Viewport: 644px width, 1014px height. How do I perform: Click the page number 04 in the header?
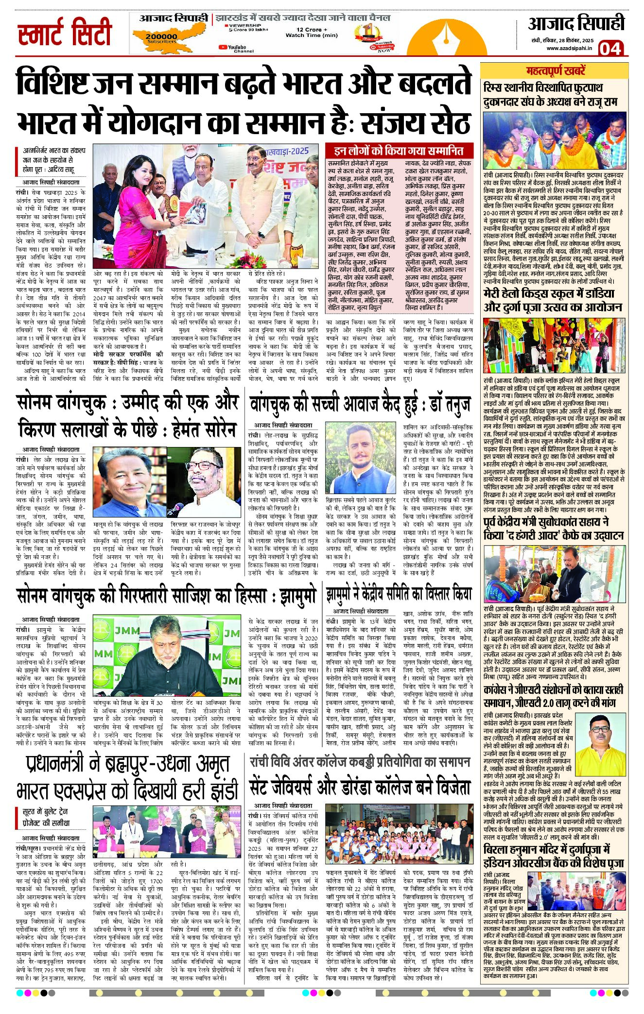coord(610,49)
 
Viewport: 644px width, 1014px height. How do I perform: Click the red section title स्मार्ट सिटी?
coord(65,33)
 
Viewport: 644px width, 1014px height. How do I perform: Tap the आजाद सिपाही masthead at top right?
coord(575,23)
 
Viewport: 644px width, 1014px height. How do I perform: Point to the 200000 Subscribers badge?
coord(161,37)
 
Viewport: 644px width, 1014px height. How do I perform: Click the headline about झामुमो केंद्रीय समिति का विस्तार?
coord(399,593)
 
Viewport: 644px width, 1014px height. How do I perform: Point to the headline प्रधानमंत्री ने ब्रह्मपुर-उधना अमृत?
coord(127,764)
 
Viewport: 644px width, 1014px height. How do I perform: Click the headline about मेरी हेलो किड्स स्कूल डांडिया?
coord(552,300)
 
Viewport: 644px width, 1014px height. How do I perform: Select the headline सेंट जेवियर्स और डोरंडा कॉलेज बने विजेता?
coord(360,787)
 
